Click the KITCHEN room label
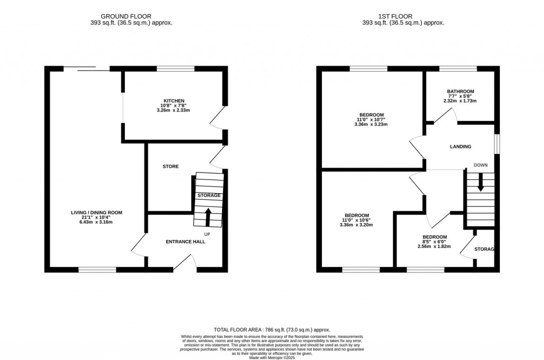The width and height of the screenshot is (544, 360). [174, 101]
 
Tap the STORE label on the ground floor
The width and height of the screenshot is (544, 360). [171, 166]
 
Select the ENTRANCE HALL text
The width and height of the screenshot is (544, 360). [185, 242]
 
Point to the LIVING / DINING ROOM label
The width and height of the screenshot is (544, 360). [97, 212]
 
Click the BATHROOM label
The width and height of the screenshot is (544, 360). [460, 91]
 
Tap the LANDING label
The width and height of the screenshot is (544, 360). [460, 147]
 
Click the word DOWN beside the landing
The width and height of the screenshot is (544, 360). [481, 165]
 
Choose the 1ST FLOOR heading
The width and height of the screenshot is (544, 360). [403, 16]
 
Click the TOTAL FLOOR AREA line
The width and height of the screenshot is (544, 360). [272, 330]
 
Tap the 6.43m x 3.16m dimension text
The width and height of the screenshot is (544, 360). [97, 222]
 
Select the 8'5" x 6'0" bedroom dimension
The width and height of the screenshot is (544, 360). [434, 242]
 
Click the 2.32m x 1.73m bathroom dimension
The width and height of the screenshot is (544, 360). [460, 101]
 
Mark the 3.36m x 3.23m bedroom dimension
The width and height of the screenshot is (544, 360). [371, 125]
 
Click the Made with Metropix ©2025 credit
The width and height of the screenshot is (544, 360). [272, 357]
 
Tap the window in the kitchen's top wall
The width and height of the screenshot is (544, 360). [175, 68]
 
